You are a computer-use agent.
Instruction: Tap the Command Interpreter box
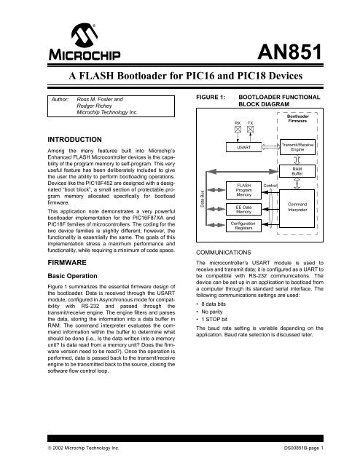[297, 208]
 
